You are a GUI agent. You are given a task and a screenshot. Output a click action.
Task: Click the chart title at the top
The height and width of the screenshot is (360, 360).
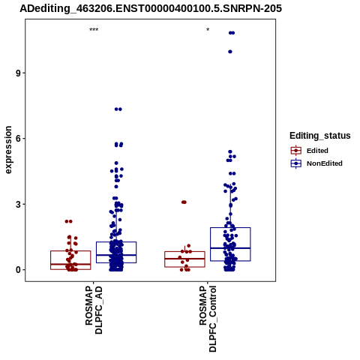[151, 8]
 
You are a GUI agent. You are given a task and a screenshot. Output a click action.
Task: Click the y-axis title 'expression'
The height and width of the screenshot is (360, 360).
[8, 150]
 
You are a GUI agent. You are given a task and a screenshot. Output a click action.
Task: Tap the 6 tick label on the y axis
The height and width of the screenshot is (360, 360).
[18, 139]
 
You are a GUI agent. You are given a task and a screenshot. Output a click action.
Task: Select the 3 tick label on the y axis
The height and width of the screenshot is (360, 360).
[18, 204]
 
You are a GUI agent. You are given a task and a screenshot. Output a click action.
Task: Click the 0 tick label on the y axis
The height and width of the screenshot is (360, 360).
[18, 270]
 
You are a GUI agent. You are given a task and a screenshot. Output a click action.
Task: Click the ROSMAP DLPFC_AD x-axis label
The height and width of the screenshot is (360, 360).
[94, 310]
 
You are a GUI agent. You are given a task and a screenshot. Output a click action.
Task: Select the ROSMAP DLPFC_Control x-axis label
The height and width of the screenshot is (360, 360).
[208, 319]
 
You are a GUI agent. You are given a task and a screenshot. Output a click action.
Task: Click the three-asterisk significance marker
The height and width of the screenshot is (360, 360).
[94, 30]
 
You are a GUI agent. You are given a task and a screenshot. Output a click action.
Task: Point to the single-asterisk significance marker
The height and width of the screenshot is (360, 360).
[208, 30]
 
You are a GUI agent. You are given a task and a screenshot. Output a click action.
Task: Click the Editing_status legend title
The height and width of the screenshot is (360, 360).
[320, 136]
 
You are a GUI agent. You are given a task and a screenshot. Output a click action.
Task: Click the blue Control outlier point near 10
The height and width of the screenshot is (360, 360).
[230, 52]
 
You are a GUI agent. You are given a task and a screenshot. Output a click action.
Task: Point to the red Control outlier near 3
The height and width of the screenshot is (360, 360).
[184, 202]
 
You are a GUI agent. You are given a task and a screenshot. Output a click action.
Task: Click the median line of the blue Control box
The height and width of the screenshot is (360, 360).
[230, 248]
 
